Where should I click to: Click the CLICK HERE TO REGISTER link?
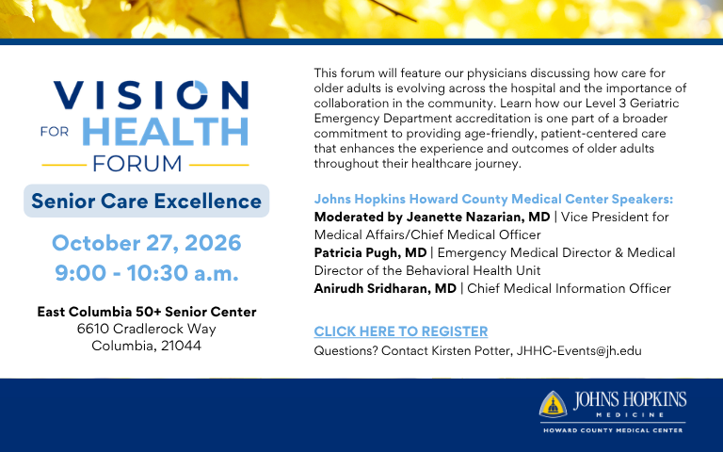[401, 331]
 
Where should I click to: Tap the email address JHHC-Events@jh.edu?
[579, 351]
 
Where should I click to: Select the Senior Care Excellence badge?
[147, 201]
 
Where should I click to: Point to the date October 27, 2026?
[147, 243]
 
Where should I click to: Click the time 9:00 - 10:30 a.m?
[147, 272]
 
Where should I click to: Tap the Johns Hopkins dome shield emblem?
[553, 405]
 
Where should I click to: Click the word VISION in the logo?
[152, 95]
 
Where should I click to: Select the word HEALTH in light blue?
[165, 132]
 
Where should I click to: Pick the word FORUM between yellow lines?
[137, 164]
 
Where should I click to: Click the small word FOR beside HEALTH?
[55, 132]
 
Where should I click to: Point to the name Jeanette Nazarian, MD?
[478, 217]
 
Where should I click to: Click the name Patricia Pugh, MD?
[370, 252]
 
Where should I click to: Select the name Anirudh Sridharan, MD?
[385, 288]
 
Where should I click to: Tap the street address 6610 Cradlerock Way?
[147, 329]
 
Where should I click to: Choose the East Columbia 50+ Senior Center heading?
[147, 312]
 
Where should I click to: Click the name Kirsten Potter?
[472, 351]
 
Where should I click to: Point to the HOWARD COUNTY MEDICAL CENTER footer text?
[613, 430]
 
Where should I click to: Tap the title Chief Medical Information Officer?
[569, 288]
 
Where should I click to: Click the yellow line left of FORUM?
[64, 165]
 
